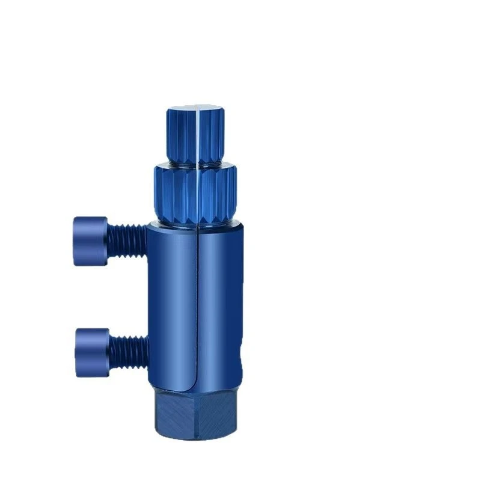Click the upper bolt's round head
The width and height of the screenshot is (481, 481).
90,240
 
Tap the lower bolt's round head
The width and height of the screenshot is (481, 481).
92,352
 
